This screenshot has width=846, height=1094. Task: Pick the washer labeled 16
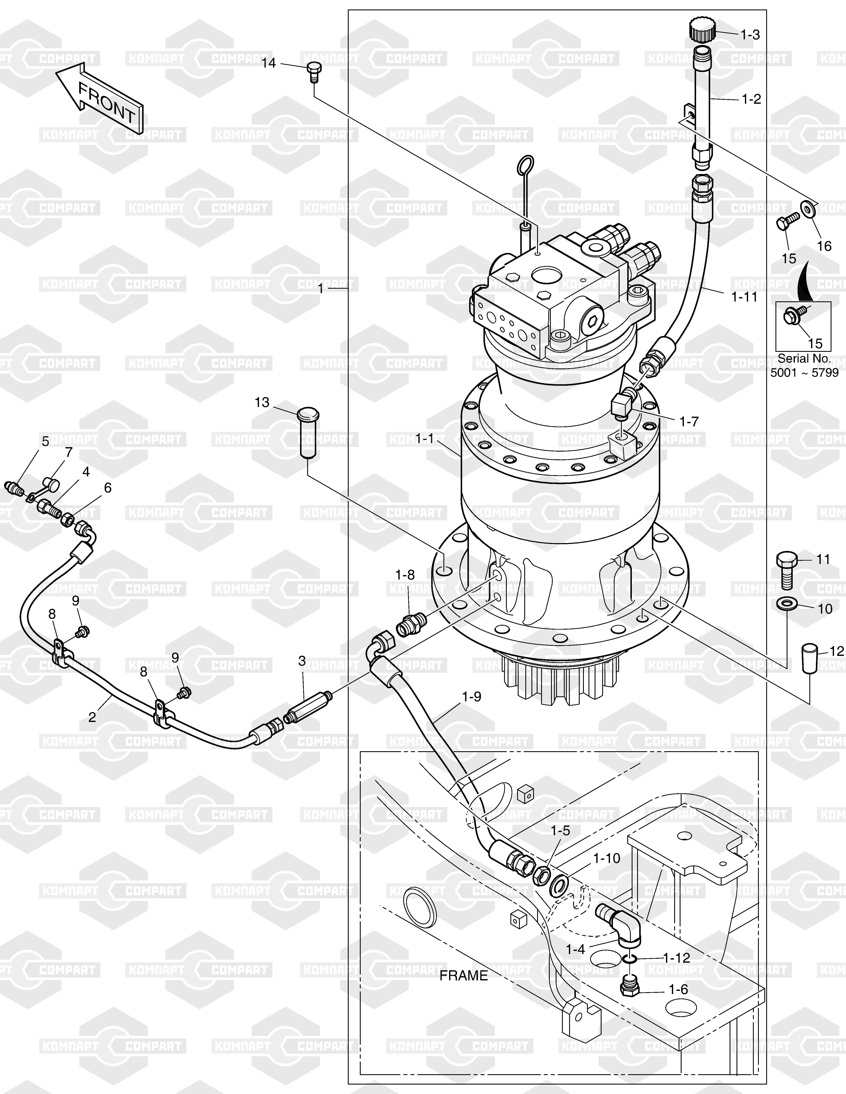pos(807,207)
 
